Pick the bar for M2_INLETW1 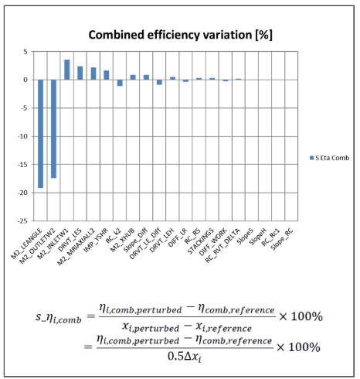coord(66,70)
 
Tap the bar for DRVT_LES coord(80,73)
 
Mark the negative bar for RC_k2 coord(120,83)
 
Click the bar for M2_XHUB coord(133,77)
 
